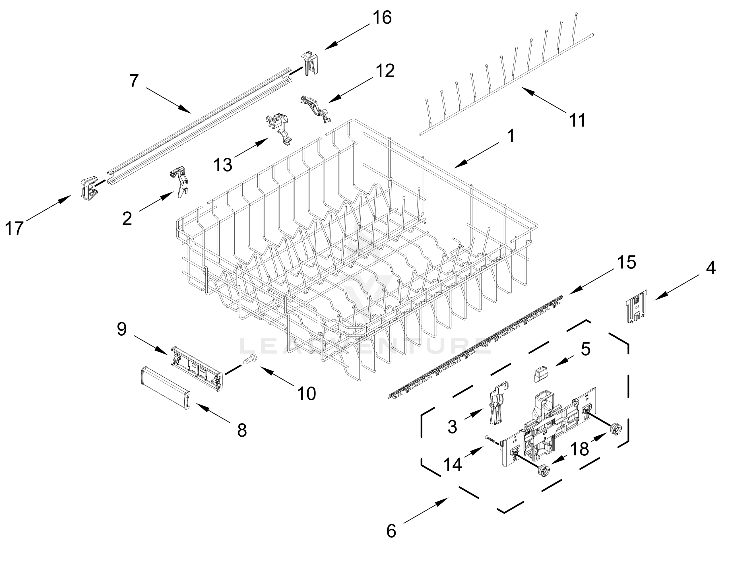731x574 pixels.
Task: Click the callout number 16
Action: click(x=382, y=18)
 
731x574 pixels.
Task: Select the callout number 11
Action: click(x=577, y=120)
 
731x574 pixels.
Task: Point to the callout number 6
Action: click(x=391, y=531)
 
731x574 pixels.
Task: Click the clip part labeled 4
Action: click(x=636, y=306)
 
